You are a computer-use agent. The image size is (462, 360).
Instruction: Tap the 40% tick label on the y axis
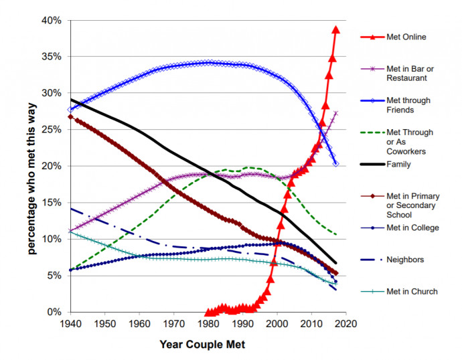click(x=52, y=21)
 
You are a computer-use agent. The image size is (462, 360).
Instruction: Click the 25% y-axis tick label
click(x=52, y=130)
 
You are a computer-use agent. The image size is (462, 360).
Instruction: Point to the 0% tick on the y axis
click(x=55, y=312)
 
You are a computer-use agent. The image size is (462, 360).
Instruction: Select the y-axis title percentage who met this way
click(x=32, y=166)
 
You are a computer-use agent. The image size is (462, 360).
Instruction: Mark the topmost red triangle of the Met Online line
click(x=336, y=29)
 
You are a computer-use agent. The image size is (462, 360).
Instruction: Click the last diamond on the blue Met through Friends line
click(x=335, y=164)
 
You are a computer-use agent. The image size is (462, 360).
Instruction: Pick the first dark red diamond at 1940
click(x=70, y=116)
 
